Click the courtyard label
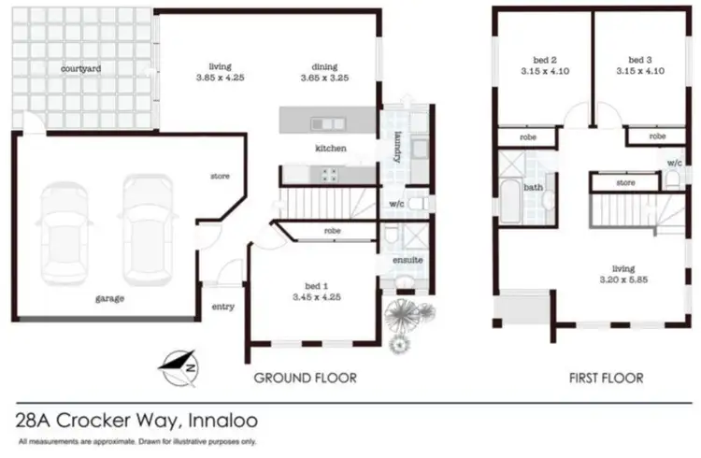coord(81,69)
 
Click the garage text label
coord(109,298)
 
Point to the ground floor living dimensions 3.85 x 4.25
coord(220,79)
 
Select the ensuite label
coord(408,259)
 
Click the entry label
coord(223,307)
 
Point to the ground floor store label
coord(221,176)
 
